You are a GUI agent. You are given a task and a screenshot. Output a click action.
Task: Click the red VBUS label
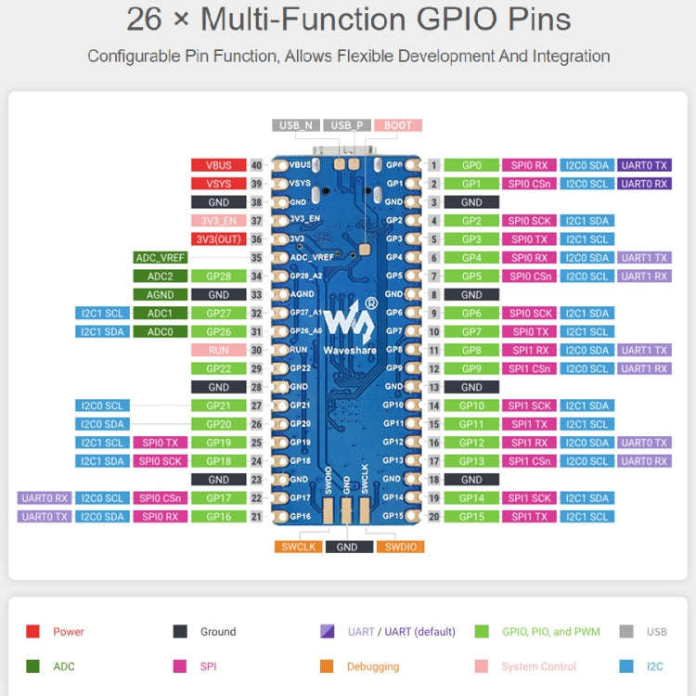218,165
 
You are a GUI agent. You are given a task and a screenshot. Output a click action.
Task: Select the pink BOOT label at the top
398,125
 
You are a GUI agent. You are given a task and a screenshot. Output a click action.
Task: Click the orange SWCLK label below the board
297,547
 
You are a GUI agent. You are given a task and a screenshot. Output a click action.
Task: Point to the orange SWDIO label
399,547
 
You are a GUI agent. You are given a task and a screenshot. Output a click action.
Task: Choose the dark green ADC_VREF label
161,258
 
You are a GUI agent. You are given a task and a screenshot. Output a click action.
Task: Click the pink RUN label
218,350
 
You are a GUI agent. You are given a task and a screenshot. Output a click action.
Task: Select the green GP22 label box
218,368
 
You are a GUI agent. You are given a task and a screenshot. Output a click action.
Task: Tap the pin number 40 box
256,165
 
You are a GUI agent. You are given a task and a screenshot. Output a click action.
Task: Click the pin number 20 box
433,516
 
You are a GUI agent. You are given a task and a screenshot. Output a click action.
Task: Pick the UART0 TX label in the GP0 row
644,165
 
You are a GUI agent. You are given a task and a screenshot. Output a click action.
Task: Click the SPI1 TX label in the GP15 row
530,516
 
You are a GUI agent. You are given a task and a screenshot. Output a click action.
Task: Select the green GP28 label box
218,277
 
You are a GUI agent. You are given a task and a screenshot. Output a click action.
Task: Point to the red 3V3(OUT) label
218,239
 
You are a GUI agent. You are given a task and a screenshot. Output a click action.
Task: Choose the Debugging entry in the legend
372,666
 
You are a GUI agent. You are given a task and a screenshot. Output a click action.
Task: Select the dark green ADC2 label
161,277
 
